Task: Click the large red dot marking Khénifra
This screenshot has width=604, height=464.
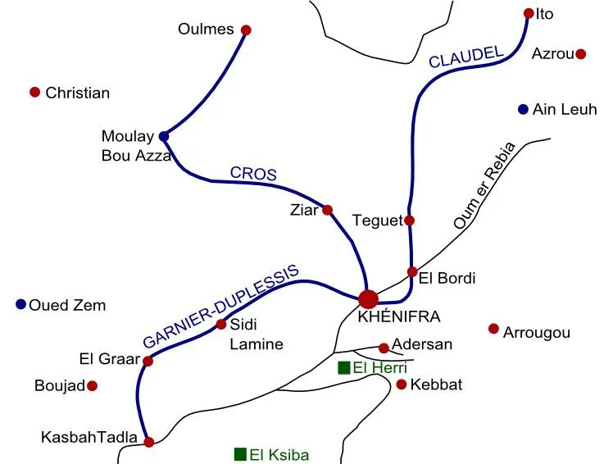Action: [368, 299]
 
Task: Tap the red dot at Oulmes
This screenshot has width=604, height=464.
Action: [246, 30]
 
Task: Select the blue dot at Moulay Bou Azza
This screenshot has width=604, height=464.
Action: [164, 136]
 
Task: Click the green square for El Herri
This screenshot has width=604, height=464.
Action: [344, 367]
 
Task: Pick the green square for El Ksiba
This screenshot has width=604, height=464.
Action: [240, 454]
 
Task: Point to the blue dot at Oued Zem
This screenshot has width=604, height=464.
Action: [20, 304]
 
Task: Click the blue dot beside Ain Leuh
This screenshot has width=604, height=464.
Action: [523, 109]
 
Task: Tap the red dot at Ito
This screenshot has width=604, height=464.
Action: [529, 13]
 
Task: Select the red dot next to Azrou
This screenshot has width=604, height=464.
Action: [581, 54]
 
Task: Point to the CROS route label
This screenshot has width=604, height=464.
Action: [253, 174]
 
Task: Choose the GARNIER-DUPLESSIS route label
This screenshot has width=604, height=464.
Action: [221, 307]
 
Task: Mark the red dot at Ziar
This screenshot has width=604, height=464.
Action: [328, 210]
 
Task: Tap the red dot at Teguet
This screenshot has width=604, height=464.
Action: [410, 220]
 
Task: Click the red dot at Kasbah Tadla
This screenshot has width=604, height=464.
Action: [148, 442]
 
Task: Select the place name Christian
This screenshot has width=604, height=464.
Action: [77, 93]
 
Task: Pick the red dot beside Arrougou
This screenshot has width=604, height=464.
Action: [493, 329]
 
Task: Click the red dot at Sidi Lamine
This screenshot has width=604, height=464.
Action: [221, 325]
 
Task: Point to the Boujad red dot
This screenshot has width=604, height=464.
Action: [93, 385]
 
